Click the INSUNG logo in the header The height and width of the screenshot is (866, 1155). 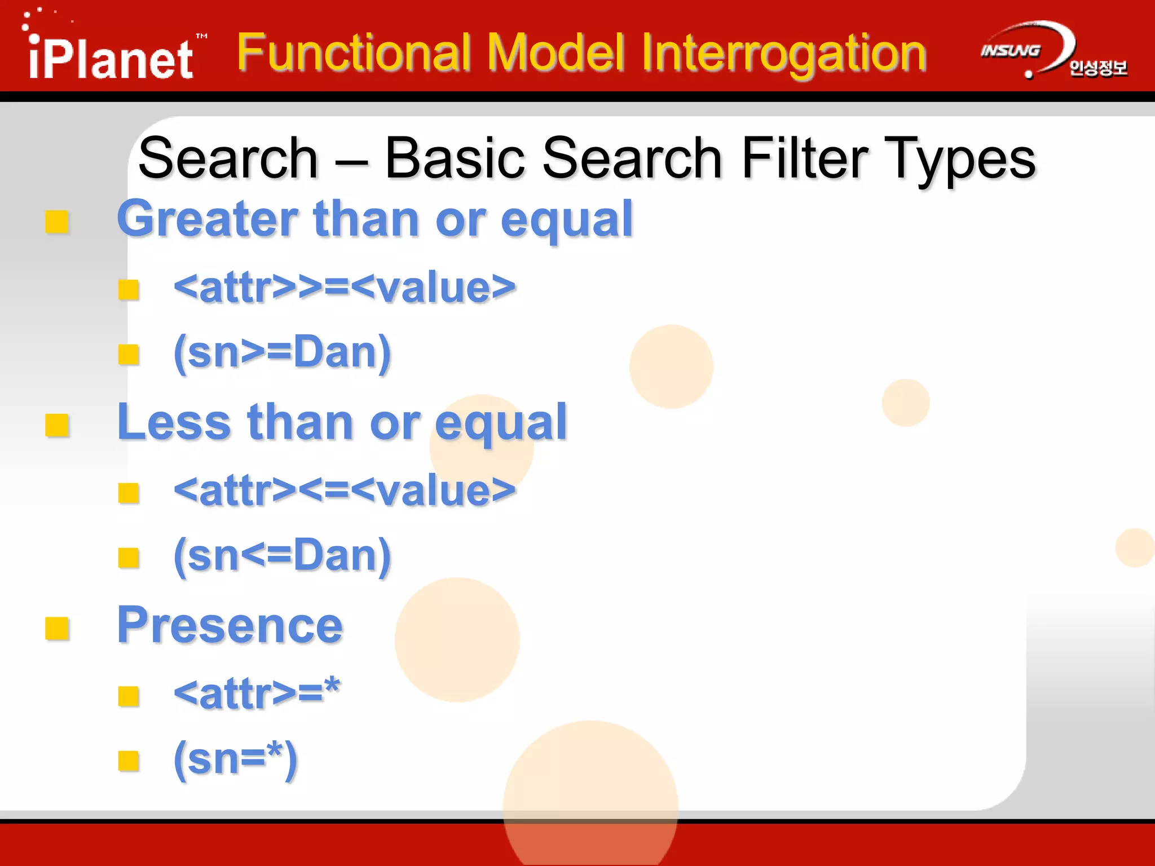[1011, 51]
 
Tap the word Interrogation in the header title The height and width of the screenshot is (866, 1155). [783, 54]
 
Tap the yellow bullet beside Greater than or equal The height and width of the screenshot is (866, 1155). [57, 222]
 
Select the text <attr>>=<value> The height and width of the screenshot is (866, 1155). [345, 288]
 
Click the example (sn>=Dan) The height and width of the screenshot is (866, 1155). [282, 352]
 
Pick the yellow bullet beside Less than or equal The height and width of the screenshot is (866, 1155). [57, 425]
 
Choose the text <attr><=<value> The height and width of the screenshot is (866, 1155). [345, 491]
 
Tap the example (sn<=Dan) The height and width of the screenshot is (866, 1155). [282, 556]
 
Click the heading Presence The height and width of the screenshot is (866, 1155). [230, 625]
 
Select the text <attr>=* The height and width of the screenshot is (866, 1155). [257, 693]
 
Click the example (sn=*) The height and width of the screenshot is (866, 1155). [236, 759]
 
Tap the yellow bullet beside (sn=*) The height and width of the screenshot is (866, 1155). [129, 761]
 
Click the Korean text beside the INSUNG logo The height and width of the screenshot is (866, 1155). [1097, 68]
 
